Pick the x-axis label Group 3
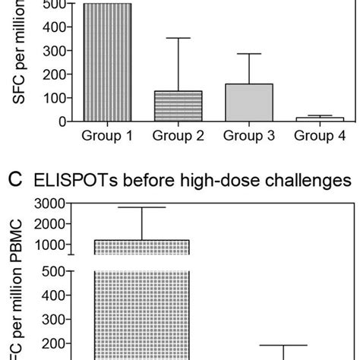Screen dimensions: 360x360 tap(249, 137)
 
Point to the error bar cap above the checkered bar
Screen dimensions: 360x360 tap(141, 207)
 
